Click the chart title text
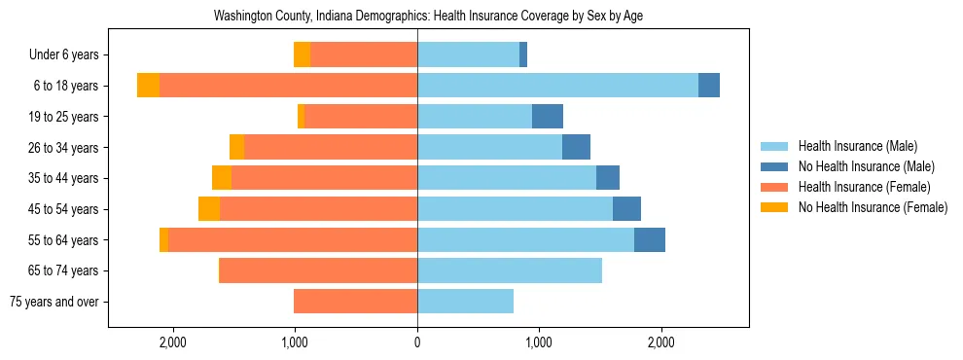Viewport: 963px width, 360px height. click(x=428, y=17)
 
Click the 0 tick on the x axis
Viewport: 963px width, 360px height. click(x=417, y=342)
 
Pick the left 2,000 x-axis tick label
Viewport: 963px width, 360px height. click(x=173, y=342)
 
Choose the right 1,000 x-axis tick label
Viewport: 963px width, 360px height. click(x=539, y=342)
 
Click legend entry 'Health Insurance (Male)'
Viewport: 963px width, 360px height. click(x=857, y=146)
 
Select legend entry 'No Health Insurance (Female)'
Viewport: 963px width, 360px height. click(x=873, y=207)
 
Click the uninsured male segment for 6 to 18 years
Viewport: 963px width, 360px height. click(x=709, y=86)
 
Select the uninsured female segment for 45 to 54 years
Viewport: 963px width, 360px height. click(x=209, y=209)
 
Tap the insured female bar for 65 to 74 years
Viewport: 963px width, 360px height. click(x=318, y=270)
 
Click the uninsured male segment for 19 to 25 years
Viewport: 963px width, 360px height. click(x=548, y=117)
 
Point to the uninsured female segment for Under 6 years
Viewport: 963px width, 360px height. click(x=302, y=55)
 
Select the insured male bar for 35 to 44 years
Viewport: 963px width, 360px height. click(x=507, y=178)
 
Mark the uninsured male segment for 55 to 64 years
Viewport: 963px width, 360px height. click(x=650, y=240)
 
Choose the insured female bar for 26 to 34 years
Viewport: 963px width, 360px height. click(x=331, y=147)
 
